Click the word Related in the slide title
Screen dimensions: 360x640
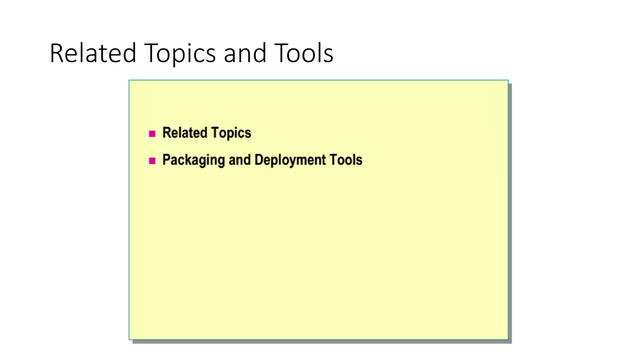pyautogui.click(x=93, y=53)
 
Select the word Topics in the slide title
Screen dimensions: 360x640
pyautogui.click(x=180, y=53)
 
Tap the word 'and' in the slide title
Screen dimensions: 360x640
pyautogui.click(x=245, y=53)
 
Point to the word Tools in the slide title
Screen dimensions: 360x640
pyautogui.click(x=304, y=53)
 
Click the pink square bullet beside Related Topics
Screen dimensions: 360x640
pyautogui.click(x=152, y=134)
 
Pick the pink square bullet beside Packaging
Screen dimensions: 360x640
pyautogui.click(x=152, y=161)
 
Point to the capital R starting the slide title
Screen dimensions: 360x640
pyautogui.click(x=57, y=53)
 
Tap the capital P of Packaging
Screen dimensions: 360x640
pyautogui.click(x=166, y=160)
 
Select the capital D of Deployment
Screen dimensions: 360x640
pyautogui.click(x=259, y=160)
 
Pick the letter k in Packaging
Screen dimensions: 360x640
pyautogui.click(x=187, y=160)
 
